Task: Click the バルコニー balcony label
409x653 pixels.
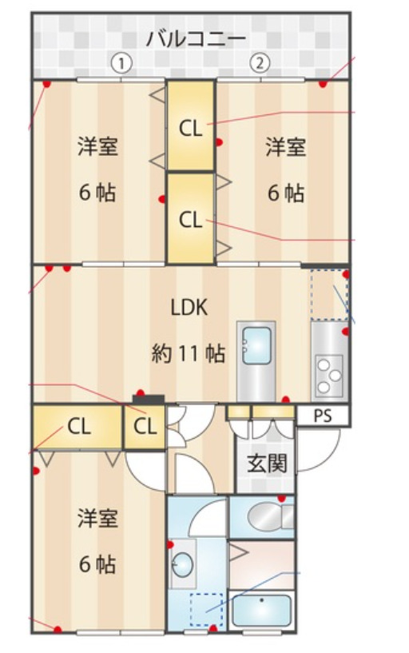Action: point(196,38)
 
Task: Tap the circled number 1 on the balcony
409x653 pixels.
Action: point(121,64)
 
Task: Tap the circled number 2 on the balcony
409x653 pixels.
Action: point(260,64)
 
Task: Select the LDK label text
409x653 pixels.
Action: point(189,308)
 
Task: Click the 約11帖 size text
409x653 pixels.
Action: point(188,353)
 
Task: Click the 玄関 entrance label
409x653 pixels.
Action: point(267,463)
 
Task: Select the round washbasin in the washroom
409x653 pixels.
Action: point(183,565)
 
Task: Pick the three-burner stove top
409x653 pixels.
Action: point(328,376)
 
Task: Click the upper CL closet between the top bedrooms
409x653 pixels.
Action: point(191,125)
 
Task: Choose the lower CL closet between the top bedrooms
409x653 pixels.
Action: point(191,219)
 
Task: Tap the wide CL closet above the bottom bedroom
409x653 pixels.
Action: point(77,427)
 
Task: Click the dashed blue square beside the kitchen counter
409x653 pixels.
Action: point(330,295)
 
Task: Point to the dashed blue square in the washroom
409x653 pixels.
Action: point(206,610)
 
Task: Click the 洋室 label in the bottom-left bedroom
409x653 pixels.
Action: point(97,518)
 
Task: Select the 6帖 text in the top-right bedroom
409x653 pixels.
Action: point(286,193)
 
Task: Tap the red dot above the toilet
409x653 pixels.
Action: point(282,498)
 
